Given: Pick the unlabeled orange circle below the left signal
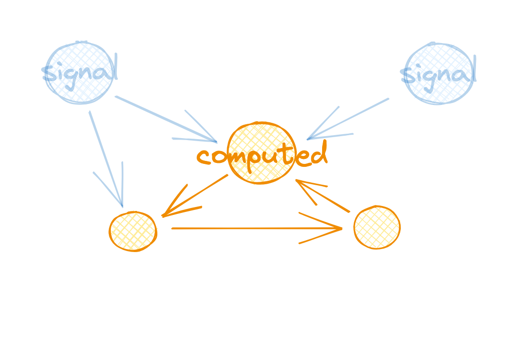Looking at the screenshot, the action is point(133,231).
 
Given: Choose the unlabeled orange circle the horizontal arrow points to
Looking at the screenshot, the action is point(377,227).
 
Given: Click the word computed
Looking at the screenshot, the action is point(262,155).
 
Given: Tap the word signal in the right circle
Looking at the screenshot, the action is point(438,75).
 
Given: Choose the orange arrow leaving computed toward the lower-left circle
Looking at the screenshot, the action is point(198,193).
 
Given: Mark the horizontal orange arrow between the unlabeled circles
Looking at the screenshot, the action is point(247,228).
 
